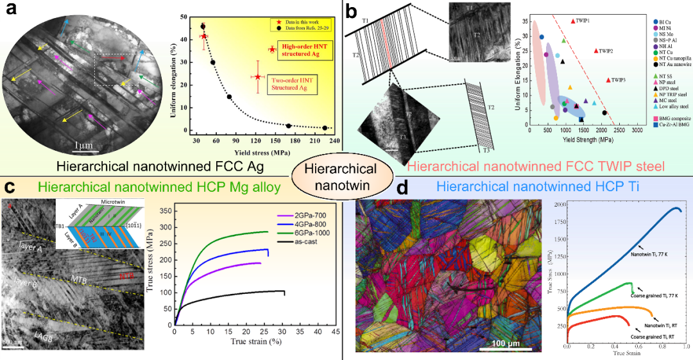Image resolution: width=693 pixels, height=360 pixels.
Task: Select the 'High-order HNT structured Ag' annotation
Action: (x=293, y=52)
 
